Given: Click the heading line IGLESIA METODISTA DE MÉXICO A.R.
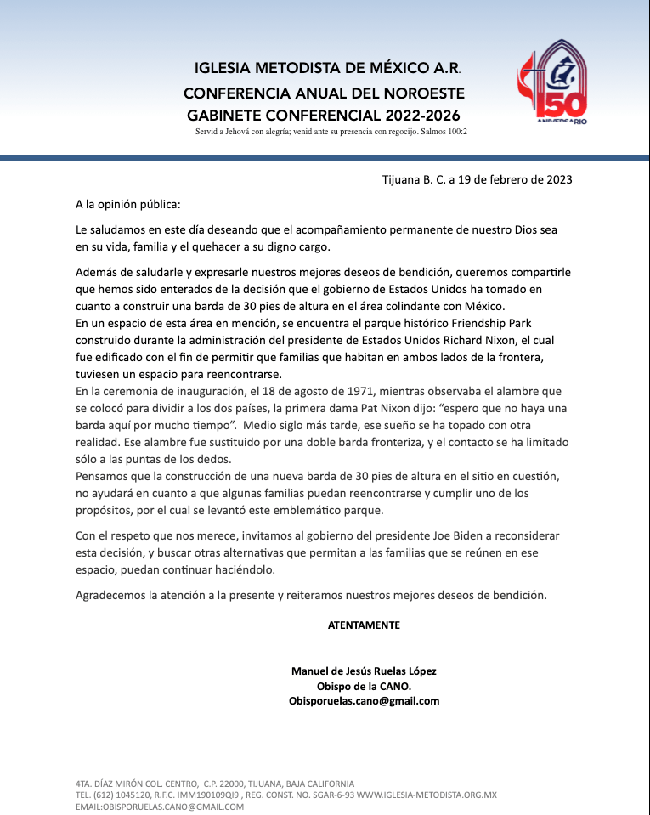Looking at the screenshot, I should [x=327, y=67].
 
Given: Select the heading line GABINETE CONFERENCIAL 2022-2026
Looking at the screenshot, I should [x=325, y=115].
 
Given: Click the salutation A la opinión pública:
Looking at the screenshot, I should [x=127, y=205].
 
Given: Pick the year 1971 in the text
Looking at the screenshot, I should [x=352, y=391].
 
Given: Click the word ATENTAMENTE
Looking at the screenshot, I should [x=364, y=625].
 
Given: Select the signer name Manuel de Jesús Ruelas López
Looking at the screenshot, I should [x=364, y=671].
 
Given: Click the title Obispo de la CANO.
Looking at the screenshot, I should [x=364, y=686].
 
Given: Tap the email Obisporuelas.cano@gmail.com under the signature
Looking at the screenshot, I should [x=364, y=701].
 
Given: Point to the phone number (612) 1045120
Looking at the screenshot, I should [x=125, y=795].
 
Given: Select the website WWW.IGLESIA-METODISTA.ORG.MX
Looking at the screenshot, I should [x=427, y=795].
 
